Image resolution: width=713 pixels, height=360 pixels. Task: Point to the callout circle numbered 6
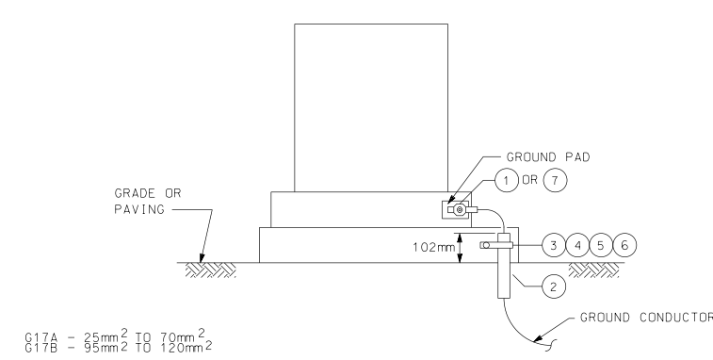pyautogui.click(x=624, y=244)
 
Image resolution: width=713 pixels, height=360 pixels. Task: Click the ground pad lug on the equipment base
pyautogui.click(x=459, y=211)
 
